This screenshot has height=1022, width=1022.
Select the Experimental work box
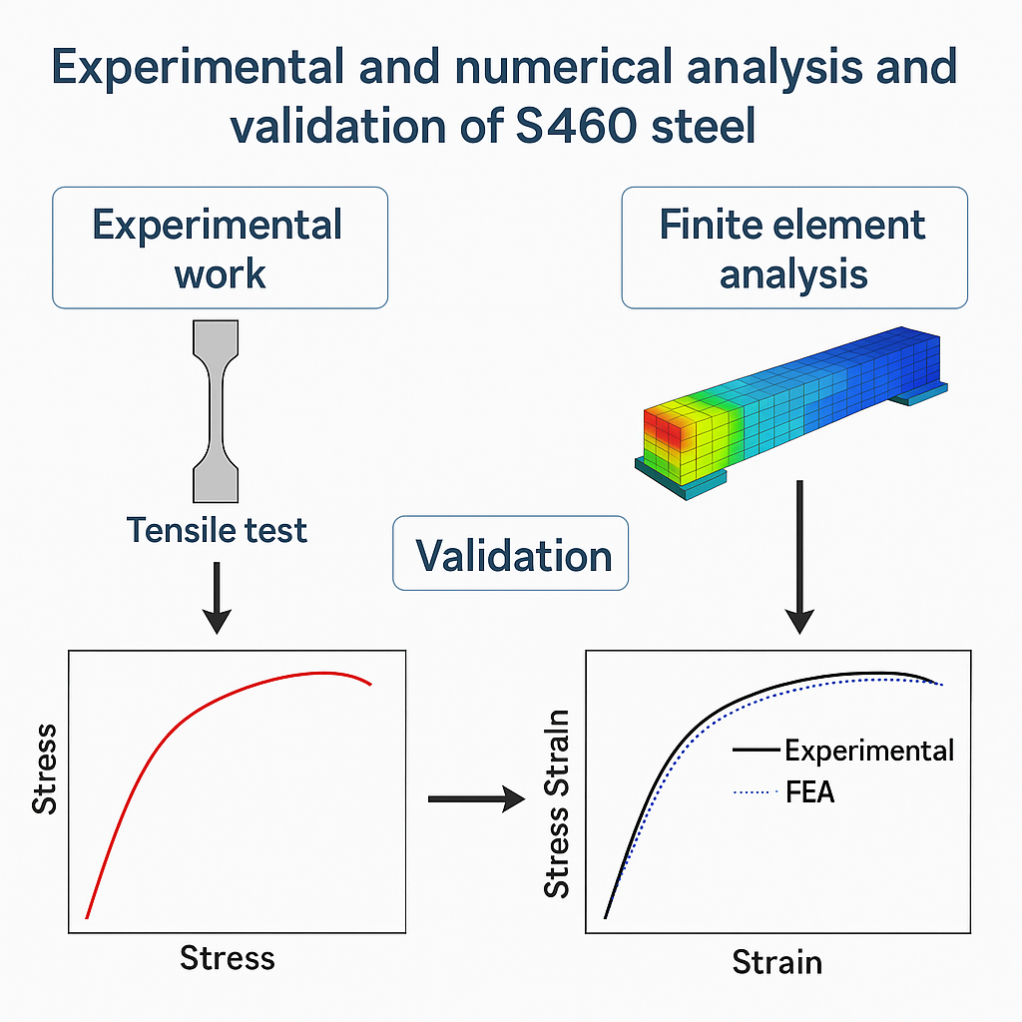click(219, 248)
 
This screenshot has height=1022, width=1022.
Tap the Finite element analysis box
click(793, 248)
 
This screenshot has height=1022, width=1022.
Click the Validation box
click(511, 553)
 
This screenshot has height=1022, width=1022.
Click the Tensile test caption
click(218, 529)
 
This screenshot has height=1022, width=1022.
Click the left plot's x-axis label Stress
click(227, 959)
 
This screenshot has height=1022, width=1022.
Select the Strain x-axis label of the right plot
click(777, 962)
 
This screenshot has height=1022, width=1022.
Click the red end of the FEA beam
click(664, 429)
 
